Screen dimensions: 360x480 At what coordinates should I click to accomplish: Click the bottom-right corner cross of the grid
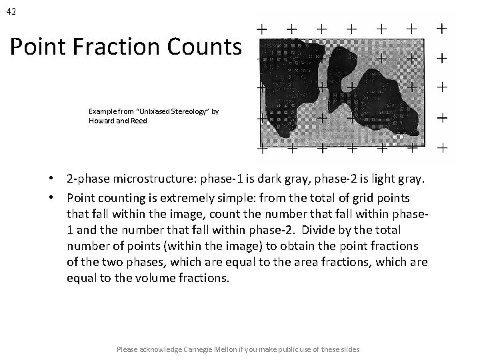(441, 146)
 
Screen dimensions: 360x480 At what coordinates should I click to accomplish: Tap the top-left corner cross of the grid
(263, 29)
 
